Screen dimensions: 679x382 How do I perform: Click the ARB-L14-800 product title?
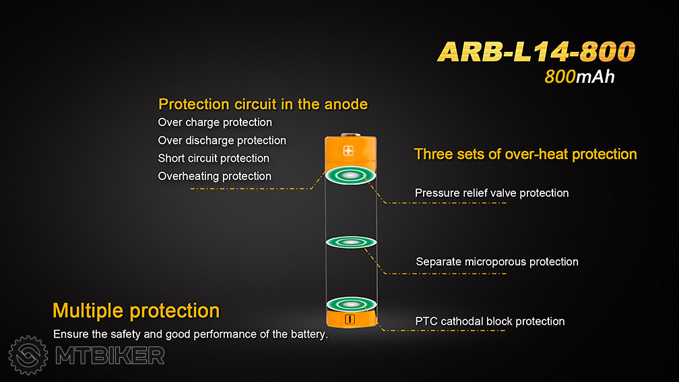pos(536,51)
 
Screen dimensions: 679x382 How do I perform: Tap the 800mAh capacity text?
pos(579,77)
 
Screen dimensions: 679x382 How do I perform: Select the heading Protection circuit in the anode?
pos(263,104)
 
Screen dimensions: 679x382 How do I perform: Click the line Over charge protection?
pos(215,123)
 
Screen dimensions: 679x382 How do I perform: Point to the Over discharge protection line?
pos(222,140)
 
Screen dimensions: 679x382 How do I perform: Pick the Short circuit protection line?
pos(214,158)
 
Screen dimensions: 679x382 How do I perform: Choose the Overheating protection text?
pos(214,177)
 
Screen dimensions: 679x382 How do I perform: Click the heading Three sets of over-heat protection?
pos(525,154)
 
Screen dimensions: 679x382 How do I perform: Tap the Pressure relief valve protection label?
pos(492,193)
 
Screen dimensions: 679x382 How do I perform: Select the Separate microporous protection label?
pos(496,261)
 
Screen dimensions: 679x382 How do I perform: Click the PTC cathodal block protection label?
pos(490,321)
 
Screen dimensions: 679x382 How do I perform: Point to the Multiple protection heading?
pos(136,311)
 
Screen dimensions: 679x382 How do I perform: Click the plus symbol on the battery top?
pos(348,151)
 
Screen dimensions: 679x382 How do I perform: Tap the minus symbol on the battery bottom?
pos(350,319)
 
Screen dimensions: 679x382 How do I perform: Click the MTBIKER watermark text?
pos(110,356)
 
